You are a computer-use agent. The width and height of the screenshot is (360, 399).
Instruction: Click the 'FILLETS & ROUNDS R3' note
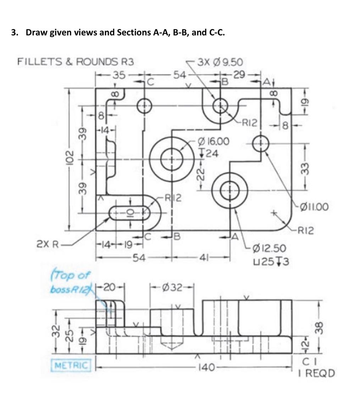click(76, 62)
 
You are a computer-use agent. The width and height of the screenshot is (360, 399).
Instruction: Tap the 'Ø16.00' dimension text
click(215, 141)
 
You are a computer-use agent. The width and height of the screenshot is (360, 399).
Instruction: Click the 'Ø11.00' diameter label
click(314, 206)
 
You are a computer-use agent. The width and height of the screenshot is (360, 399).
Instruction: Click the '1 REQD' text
click(318, 373)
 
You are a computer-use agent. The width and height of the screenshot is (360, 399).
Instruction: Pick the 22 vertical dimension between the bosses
click(201, 175)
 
